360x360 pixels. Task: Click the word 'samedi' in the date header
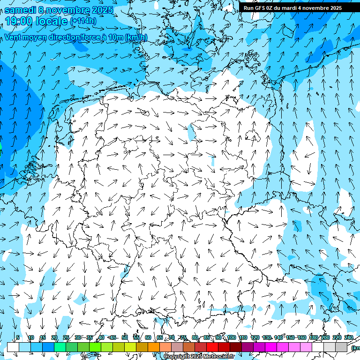coord(21,9)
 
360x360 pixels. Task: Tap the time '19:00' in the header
coord(20,21)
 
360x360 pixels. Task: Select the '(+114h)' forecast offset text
coord(83,21)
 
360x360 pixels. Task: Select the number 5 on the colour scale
coord(18,337)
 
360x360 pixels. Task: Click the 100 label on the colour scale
coord(231,337)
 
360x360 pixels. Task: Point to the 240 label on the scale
coord(349,337)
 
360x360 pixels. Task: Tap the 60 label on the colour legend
coord(148,337)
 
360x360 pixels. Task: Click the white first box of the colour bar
coord(13,347)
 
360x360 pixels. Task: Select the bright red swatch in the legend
coord(212,347)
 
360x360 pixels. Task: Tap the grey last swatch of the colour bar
coord(341,347)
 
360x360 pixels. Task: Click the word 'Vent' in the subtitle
coord(14,37)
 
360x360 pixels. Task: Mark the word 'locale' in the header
coord(52,21)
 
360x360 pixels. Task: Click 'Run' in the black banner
coord(248,8)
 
